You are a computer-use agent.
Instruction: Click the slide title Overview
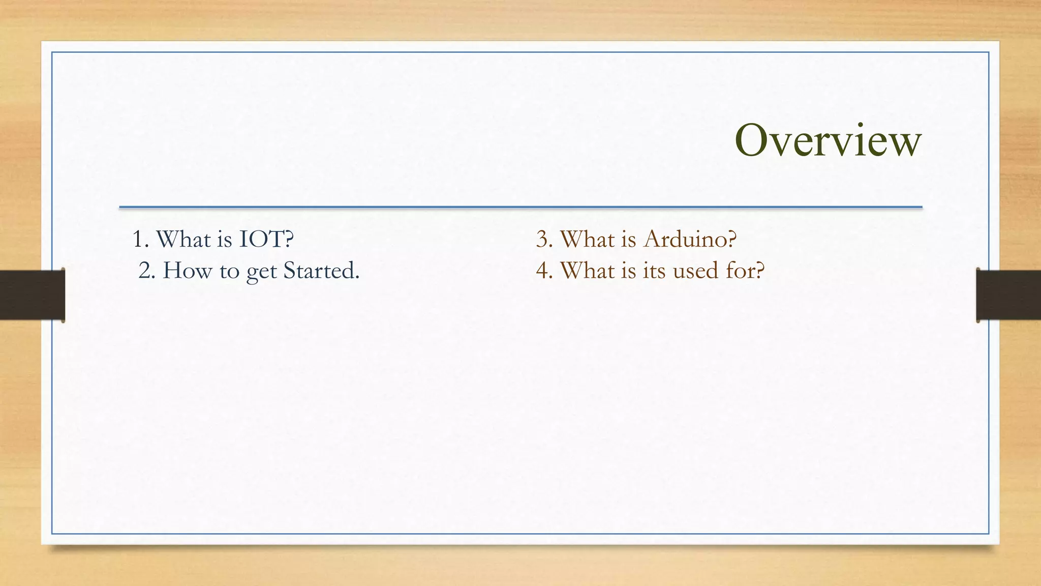coord(828,140)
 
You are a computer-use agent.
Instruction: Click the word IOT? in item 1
coord(266,239)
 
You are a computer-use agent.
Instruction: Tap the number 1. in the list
coord(140,239)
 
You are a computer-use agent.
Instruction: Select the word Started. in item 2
coord(321,271)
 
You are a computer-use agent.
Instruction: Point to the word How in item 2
coord(187,271)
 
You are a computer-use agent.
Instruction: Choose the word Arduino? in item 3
coord(689,239)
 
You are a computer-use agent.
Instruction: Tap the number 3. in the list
coord(544,239)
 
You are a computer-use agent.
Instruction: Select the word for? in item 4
coord(745,271)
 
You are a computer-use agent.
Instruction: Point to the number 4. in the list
coord(544,271)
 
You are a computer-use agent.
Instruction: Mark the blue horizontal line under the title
coord(520,208)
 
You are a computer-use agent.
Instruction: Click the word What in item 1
coord(183,239)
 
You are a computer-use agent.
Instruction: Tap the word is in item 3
coord(628,239)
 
